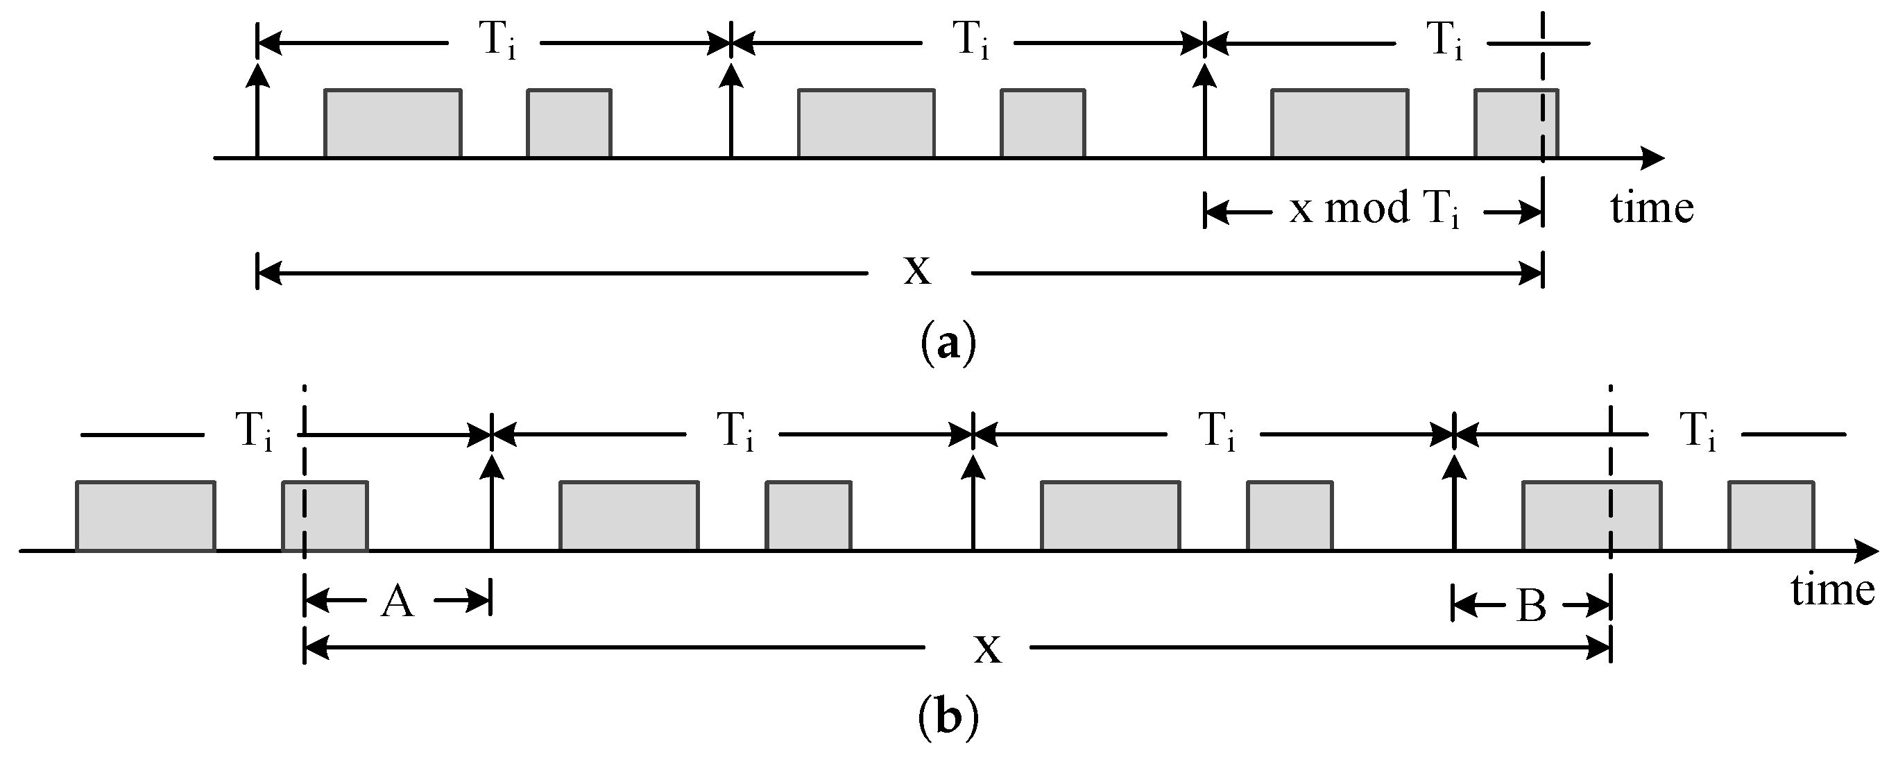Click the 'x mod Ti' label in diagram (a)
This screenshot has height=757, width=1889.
click(x=1376, y=210)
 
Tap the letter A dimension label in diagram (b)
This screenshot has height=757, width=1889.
click(x=398, y=603)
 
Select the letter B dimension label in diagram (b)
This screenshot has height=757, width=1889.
click(x=1531, y=606)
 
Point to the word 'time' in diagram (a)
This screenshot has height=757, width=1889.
click(x=1652, y=208)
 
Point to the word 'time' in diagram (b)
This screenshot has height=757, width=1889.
click(x=1833, y=590)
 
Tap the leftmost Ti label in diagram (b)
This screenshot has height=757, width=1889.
click(x=253, y=433)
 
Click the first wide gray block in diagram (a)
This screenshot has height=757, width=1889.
click(x=393, y=124)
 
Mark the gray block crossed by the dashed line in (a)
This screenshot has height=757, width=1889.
click(x=1516, y=124)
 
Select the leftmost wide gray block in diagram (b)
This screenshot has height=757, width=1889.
click(x=145, y=516)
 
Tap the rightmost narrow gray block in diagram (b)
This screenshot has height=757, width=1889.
click(x=1772, y=516)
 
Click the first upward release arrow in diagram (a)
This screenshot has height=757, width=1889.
click(x=257, y=110)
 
